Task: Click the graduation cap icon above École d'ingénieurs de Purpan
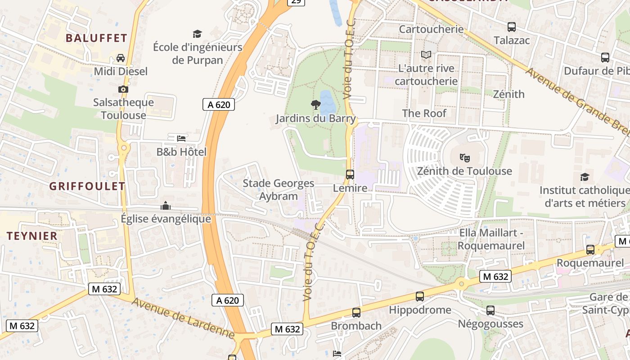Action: (197, 34)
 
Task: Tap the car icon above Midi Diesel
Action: (121, 58)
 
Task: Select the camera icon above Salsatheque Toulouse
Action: (123, 89)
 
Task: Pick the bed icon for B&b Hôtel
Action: (181, 138)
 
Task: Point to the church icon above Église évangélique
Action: (166, 206)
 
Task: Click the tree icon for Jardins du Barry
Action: (316, 105)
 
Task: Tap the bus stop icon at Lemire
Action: (350, 174)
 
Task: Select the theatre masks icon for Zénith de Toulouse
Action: (464, 157)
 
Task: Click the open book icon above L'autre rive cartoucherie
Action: (426, 55)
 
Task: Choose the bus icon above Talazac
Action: (512, 27)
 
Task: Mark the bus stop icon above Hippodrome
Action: (420, 296)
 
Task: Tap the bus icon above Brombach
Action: (356, 312)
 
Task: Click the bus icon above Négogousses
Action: (490, 310)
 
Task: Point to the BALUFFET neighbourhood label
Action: (96, 38)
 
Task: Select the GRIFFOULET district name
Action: (87, 186)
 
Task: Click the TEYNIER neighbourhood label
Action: (32, 236)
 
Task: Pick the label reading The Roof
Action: (424, 113)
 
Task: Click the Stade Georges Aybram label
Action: (279, 189)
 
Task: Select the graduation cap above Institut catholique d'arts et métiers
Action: (585, 177)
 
